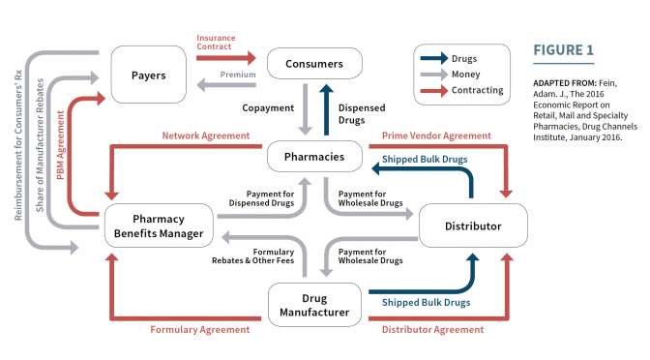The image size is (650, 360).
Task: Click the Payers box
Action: coord(148,75)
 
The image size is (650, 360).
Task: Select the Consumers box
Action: coord(314,64)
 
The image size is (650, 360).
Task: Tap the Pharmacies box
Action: coord(314,157)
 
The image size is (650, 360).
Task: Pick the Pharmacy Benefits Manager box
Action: coord(159,225)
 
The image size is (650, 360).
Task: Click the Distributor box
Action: coord(473,225)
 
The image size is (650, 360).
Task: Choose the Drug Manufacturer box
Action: coord(314,305)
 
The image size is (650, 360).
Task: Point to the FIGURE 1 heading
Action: coord(563,50)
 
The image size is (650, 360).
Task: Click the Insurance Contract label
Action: coord(216,43)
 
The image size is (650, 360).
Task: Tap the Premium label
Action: coord(238,75)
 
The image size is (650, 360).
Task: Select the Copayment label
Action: coord(268,107)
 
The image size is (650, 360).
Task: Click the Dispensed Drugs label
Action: coord(362,114)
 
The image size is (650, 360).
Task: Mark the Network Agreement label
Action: coord(206,135)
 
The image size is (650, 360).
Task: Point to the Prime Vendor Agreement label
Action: coord(436,135)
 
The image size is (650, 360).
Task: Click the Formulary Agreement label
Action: coord(200,330)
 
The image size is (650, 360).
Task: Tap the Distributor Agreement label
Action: coord(432,330)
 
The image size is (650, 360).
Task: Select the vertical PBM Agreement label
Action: coord(61,145)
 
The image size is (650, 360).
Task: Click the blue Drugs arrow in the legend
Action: coord(434,58)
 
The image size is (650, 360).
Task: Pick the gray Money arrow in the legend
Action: coord(434,75)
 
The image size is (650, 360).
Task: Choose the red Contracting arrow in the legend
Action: coord(434,90)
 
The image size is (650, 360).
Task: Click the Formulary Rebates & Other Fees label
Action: coord(252,256)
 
